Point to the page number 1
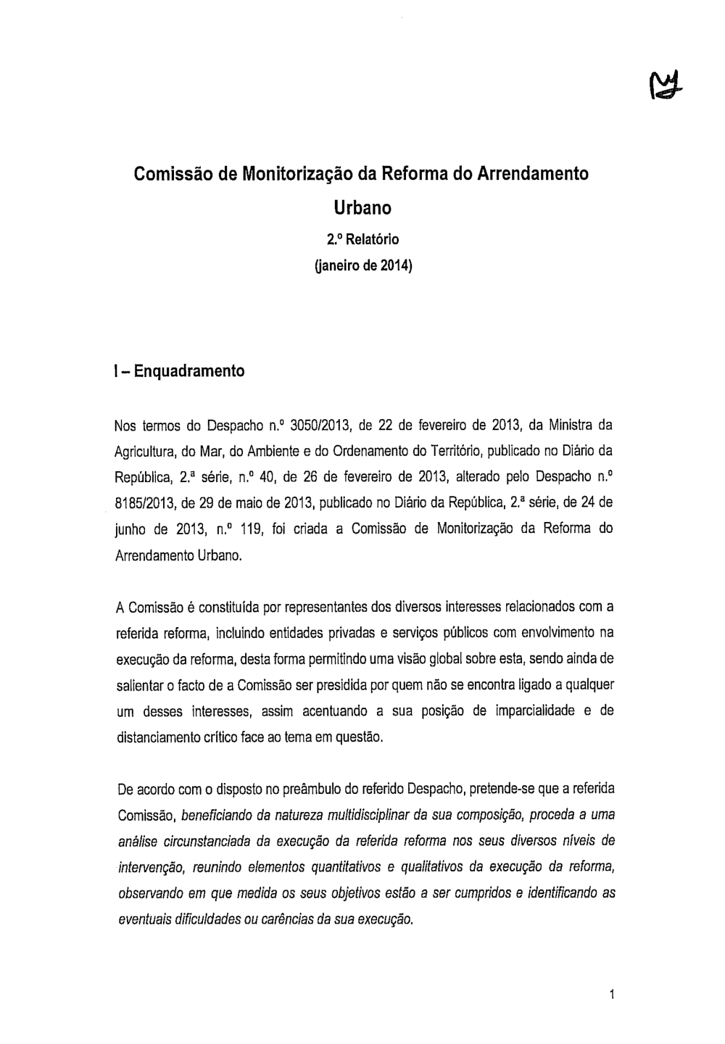(x=612, y=995)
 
